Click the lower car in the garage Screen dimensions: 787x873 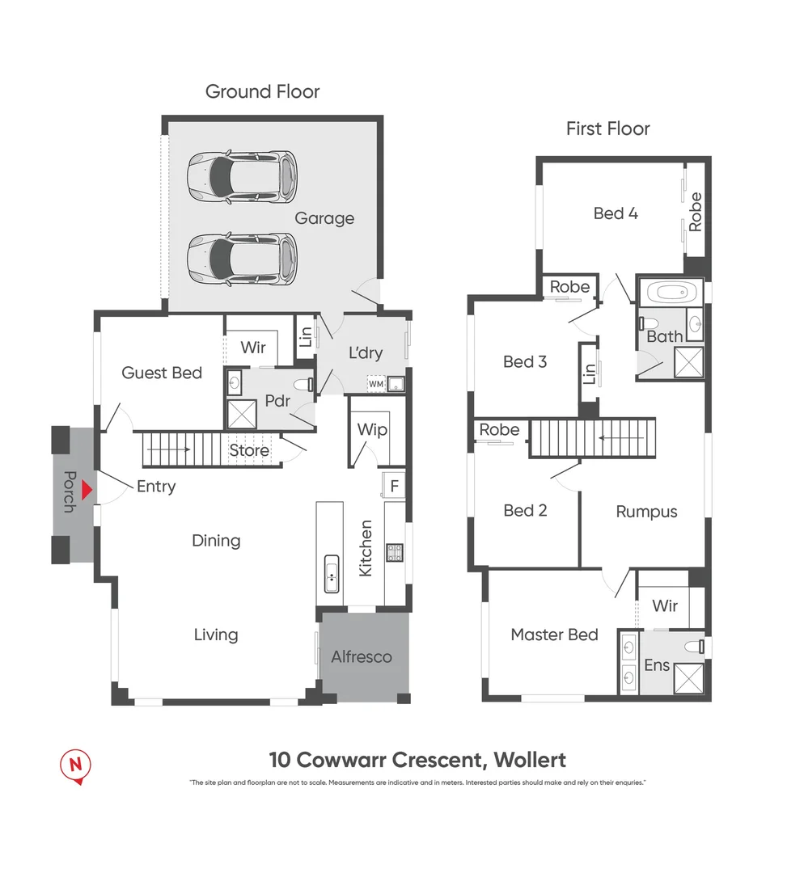(243, 259)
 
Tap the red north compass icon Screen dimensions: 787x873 (77, 765)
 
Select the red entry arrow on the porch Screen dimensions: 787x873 (89, 490)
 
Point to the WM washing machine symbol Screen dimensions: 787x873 (376, 384)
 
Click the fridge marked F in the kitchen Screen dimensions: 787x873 (394, 487)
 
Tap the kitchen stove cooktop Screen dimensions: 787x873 (395, 553)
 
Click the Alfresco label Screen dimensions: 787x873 (362, 656)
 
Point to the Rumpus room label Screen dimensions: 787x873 (646, 511)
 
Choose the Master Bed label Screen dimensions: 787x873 (554, 635)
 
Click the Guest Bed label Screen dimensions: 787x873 (162, 373)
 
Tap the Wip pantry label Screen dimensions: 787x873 (372, 430)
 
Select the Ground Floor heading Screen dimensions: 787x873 (262, 91)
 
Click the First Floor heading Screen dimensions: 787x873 (607, 129)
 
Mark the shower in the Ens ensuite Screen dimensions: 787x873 (688, 677)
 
